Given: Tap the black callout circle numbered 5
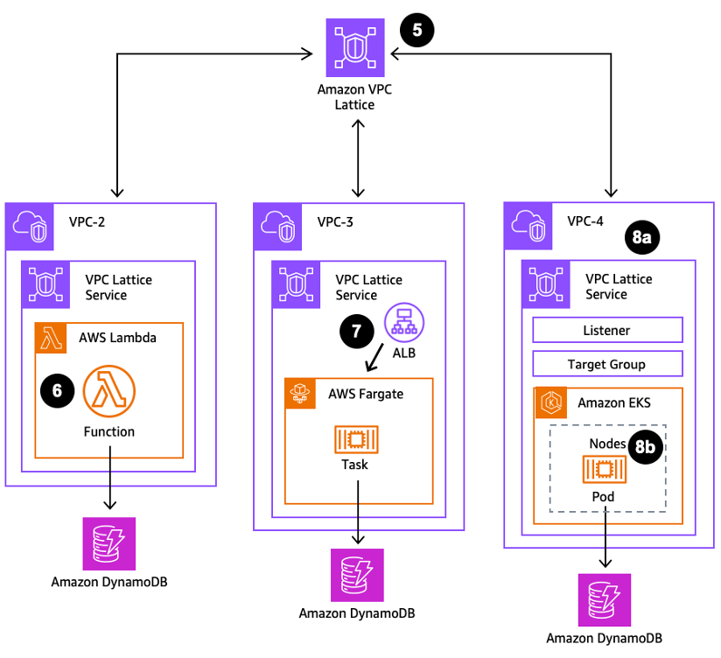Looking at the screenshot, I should (416, 30).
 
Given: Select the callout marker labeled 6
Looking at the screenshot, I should (57, 391).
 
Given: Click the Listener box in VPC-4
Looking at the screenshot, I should (607, 330).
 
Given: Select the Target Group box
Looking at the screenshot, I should (607, 364).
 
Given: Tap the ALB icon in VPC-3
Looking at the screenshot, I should (403, 322).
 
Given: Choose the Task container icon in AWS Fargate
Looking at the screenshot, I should (354, 439).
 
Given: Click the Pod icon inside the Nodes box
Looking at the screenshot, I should (602, 471).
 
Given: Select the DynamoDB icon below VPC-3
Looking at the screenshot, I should (356, 575).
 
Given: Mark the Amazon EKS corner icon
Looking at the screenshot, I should (549, 402).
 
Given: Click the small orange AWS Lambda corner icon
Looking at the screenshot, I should (51, 338).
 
